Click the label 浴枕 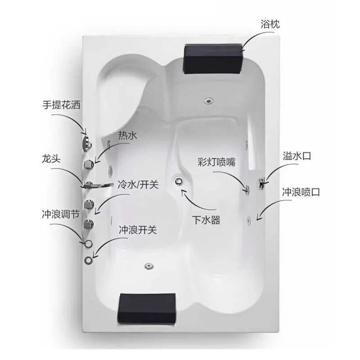pos(270,24)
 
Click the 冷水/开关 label pos(138,184)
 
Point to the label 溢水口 pos(297,157)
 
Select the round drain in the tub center pos(179,181)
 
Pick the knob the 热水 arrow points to pos(89,163)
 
